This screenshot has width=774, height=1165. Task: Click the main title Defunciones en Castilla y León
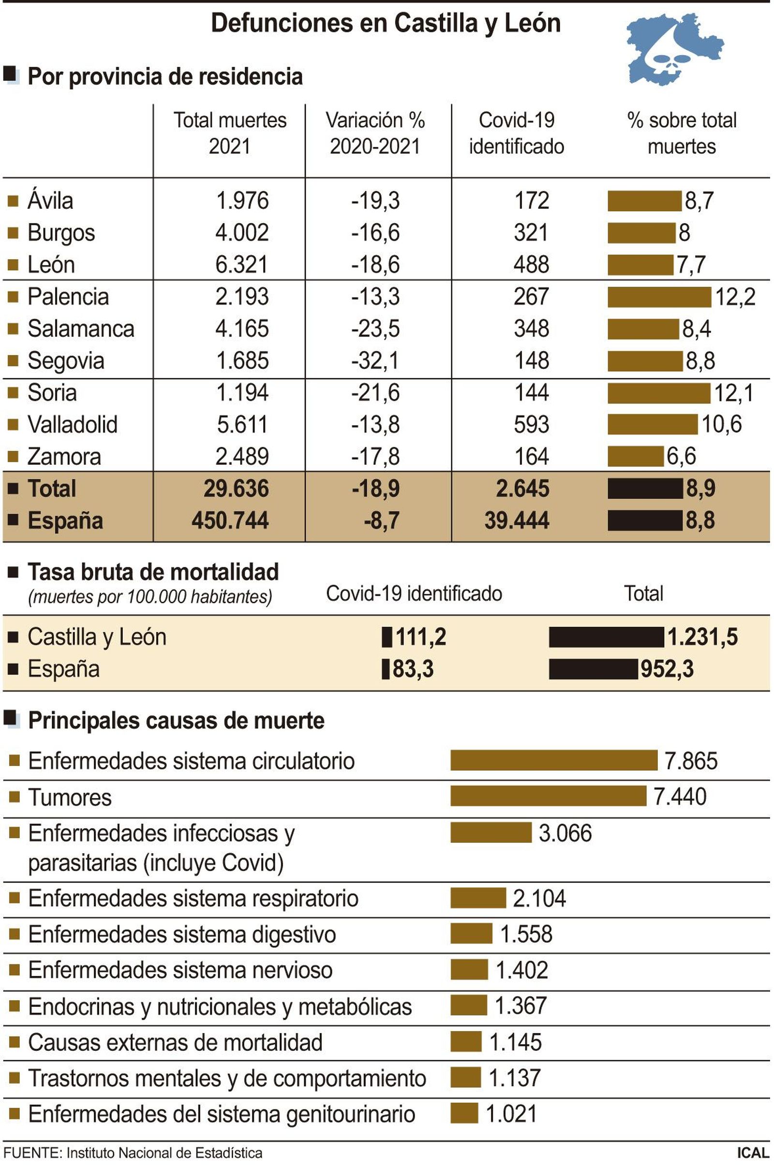click(386, 23)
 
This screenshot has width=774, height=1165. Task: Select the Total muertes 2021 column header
click(229, 133)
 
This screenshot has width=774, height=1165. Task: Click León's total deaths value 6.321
click(241, 265)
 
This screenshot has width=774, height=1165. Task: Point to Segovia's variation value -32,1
click(375, 361)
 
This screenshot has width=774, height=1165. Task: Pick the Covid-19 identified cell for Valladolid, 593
click(531, 424)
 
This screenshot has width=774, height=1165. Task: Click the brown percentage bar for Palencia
click(658, 297)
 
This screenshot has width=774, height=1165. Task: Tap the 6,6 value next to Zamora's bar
click(681, 457)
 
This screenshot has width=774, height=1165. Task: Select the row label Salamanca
click(81, 329)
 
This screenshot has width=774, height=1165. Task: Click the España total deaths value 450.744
click(230, 520)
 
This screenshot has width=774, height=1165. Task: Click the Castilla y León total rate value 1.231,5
click(702, 637)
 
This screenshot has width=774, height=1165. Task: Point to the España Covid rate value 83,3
click(413, 670)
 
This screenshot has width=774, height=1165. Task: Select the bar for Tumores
click(548, 796)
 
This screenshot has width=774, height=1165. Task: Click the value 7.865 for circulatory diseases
click(691, 761)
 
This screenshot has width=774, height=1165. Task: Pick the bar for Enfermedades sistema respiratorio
click(478, 898)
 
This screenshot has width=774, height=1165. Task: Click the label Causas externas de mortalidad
click(175, 1043)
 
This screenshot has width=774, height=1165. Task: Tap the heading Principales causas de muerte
click(176, 721)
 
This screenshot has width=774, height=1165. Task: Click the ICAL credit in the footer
click(752, 1154)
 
